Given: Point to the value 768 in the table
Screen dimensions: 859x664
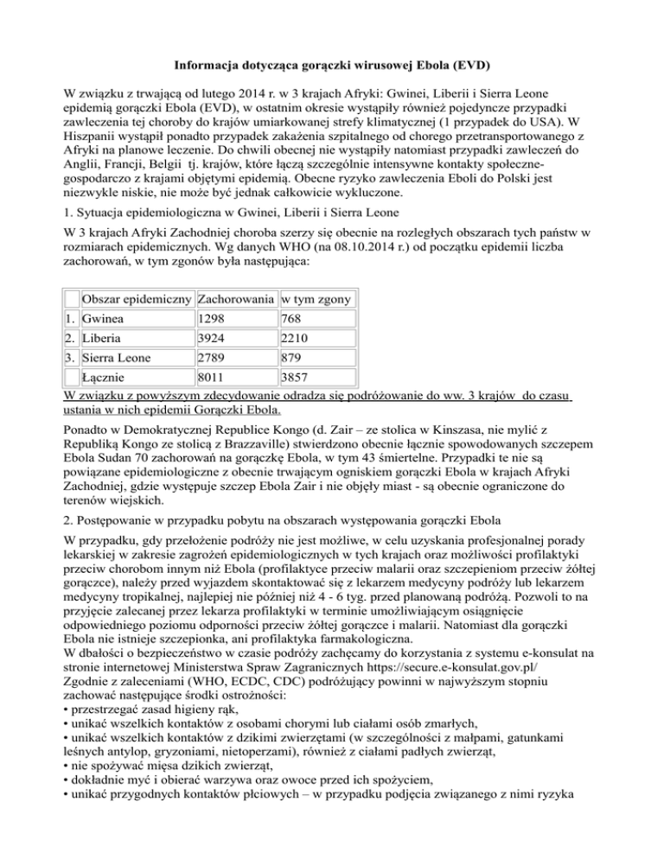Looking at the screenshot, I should pos(293,320).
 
